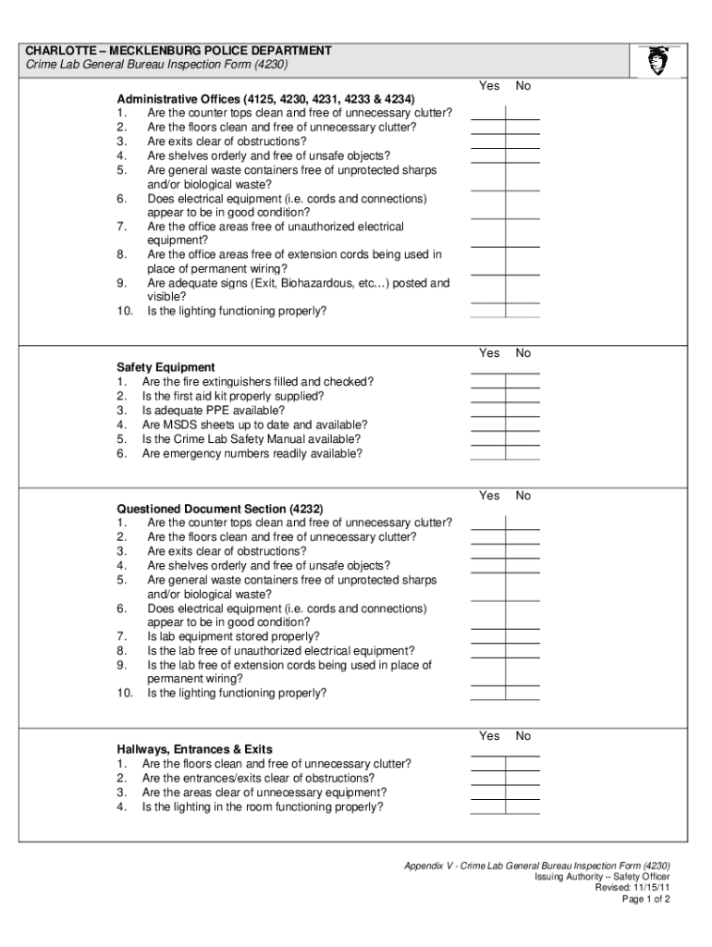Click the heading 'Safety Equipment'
coord(166,367)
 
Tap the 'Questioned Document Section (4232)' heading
coord(219,509)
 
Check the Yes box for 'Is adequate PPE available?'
coord(487,411)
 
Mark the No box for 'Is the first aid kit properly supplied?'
coord(522,396)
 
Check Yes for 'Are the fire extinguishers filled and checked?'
coord(487,382)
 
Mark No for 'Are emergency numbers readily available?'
coord(522,453)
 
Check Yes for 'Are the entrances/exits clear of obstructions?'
coord(487,778)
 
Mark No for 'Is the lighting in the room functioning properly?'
coord(522,806)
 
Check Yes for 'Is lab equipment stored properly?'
coord(487,636)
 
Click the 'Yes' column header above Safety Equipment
coord(489,353)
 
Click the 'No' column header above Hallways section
coord(523,736)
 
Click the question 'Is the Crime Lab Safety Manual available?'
coord(251,439)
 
